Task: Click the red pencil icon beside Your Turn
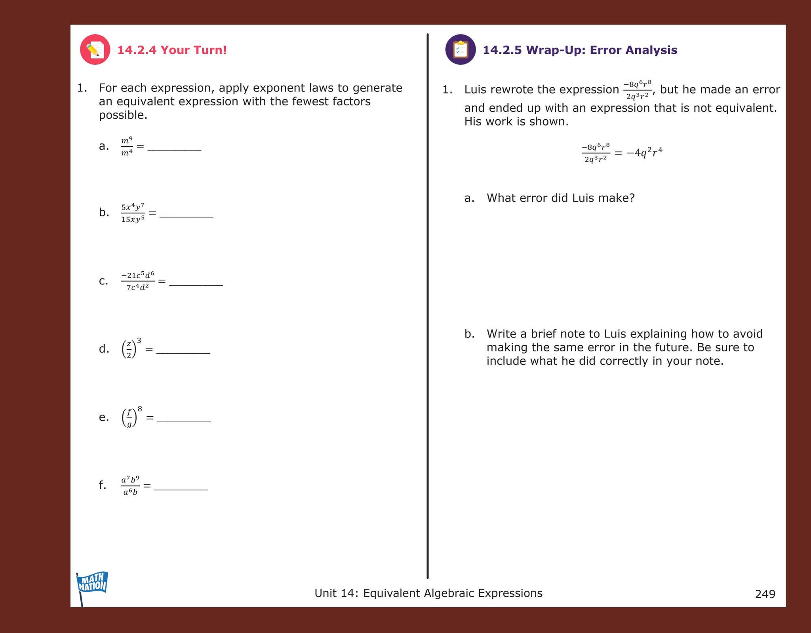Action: pos(95,50)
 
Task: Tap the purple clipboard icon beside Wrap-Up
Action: pos(460,50)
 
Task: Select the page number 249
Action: pos(765,594)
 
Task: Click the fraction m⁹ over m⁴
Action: pos(127,146)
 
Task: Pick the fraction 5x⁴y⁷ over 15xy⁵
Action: pos(133,213)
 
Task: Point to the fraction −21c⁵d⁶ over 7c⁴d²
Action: pos(137,281)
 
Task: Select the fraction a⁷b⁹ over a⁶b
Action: pos(130,485)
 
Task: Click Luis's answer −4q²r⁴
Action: pos(644,153)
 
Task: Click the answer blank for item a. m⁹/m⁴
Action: pos(174,148)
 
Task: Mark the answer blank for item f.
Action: pos(181,487)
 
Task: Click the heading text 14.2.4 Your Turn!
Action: pos(172,50)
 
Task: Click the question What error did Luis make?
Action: pos(560,198)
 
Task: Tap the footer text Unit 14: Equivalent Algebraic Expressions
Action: pos(428,593)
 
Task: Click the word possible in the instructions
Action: pos(123,115)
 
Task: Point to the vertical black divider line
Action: pos(427,305)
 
